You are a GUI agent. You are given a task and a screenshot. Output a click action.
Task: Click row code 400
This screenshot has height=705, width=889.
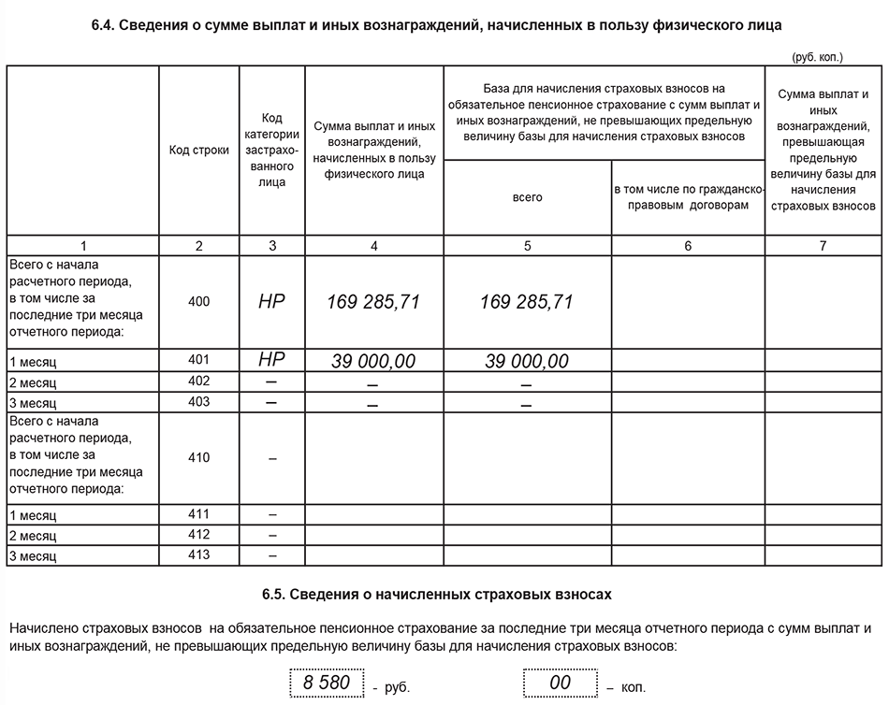point(198,301)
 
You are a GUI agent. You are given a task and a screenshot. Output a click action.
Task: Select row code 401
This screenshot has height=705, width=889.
point(198,359)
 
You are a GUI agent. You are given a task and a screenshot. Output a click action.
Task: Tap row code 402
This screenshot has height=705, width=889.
point(198,381)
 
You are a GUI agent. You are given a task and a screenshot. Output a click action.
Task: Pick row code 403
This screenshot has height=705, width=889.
point(198,402)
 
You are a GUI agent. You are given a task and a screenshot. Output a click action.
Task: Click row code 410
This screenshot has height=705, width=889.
point(198,457)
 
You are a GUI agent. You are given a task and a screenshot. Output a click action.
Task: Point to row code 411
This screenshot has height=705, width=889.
point(198,514)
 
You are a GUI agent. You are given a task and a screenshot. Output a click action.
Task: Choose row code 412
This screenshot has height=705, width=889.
point(198,535)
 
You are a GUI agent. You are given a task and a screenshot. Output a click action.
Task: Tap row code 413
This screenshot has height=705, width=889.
point(198,555)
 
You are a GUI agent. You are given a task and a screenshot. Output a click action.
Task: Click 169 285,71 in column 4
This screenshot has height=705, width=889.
point(373,302)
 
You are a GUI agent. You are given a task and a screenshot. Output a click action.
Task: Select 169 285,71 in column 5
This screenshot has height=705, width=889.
point(527,302)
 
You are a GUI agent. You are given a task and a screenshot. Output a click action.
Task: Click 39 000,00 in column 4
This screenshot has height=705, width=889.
point(373,361)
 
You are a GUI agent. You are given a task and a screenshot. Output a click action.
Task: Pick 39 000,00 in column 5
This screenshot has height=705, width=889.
point(527,361)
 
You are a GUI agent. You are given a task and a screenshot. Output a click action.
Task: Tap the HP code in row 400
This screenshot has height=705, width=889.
point(271,302)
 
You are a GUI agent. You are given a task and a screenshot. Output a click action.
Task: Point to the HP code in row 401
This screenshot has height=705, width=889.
point(271,359)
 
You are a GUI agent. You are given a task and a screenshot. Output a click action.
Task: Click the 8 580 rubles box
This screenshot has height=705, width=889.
point(326,683)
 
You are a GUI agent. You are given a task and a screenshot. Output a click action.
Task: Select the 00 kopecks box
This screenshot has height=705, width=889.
point(560,683)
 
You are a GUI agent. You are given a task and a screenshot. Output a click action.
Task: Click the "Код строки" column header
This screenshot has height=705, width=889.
point(198,150)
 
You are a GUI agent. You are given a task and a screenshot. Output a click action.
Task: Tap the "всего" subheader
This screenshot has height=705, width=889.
point(527,197)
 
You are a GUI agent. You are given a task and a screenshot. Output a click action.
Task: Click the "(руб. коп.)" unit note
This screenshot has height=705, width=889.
point(817,57)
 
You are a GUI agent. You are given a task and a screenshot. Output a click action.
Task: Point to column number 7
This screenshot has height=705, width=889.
point(823,246)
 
